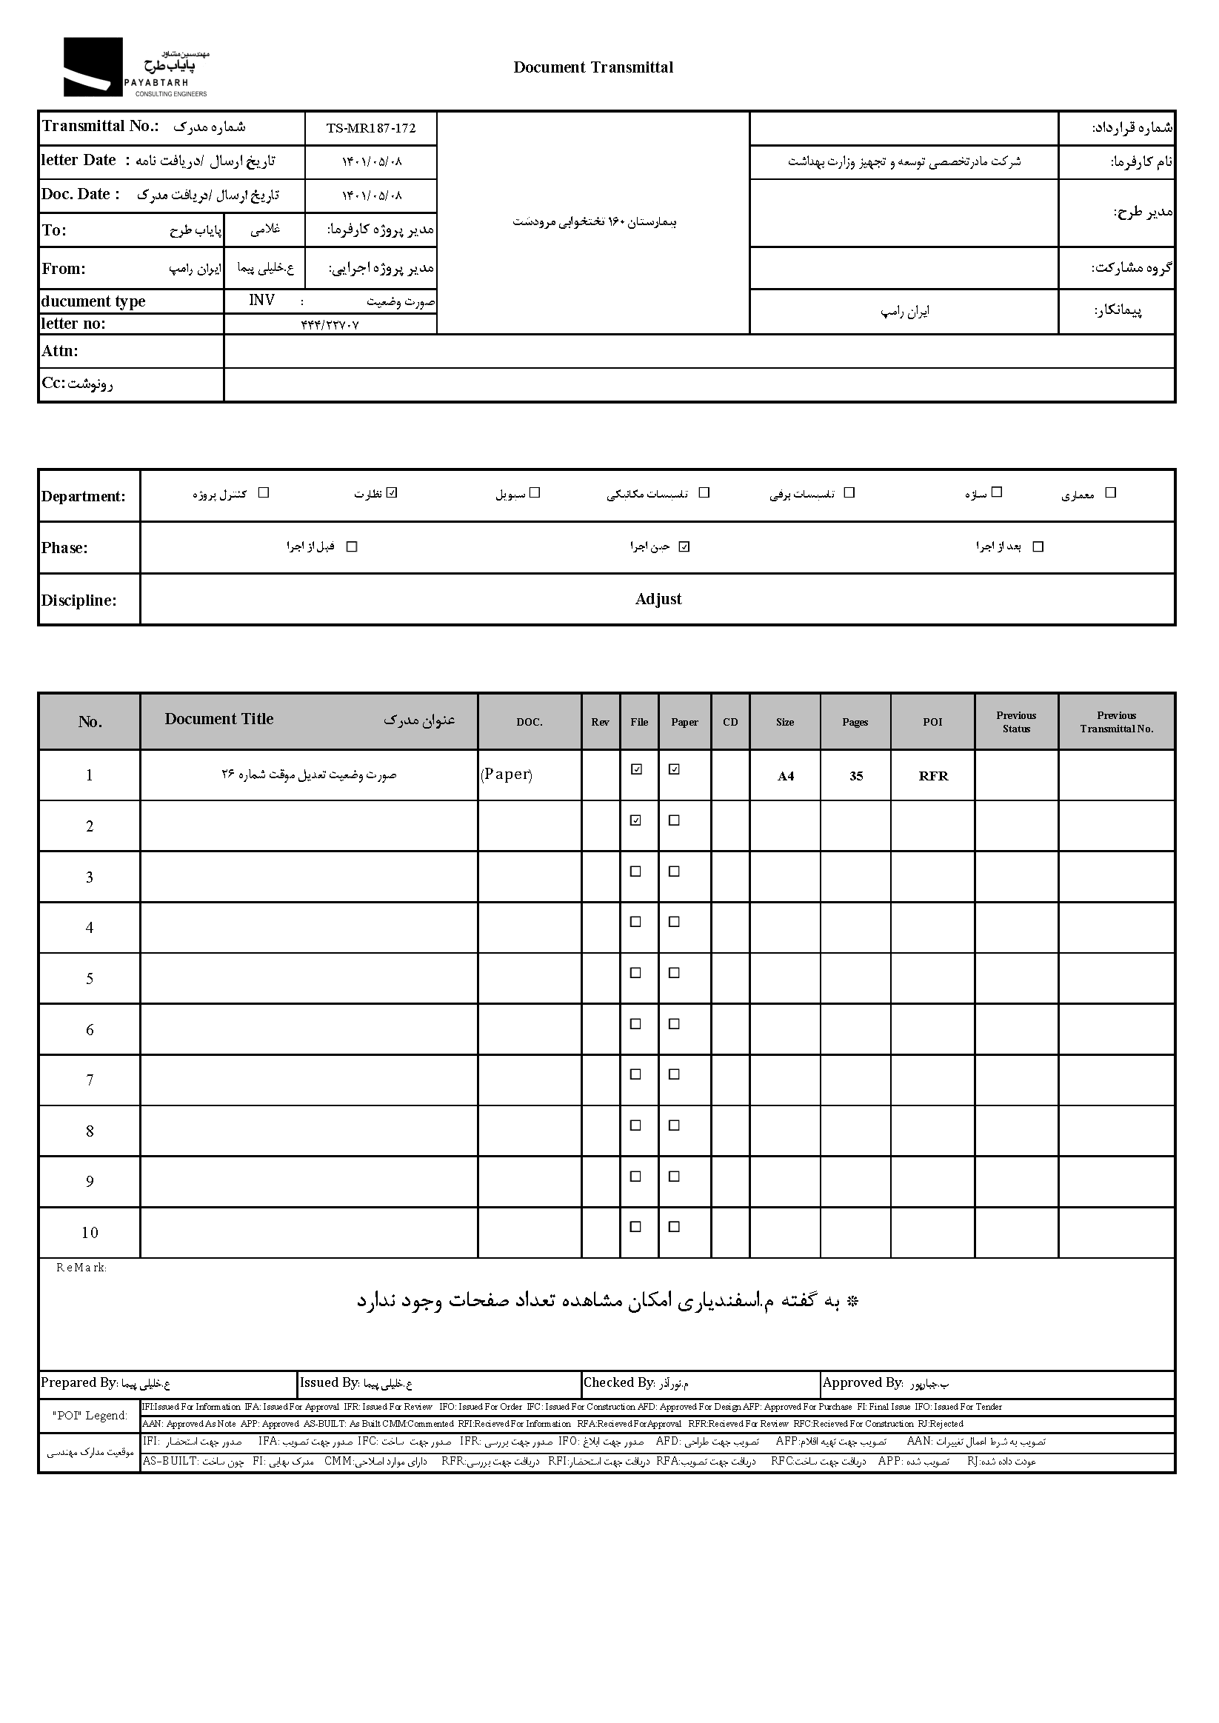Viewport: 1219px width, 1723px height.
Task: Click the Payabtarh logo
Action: pyautogui.click(x=135, y=67)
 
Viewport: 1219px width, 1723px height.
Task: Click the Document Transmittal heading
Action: pyautogui.click(x=593, y=67)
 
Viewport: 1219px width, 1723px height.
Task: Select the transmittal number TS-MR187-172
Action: pyautogui.click(x=371, y=128)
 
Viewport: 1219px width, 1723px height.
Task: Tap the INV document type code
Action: pyautogui.click(x=262, y=300)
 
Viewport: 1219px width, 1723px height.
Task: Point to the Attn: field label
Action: pyautogui.click(x=60, y=351)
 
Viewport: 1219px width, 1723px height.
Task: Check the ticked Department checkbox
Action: pyautogui.click(x=392, y=493)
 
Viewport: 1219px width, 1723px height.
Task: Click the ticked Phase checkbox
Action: pyautogui.click(x=684, y=547)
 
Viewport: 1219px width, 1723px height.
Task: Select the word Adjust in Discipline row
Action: pyautogui.click(x=658, y=599)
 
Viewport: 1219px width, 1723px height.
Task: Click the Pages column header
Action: pyautogui.click(x=855, y=722)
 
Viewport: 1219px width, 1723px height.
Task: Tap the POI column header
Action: pyautogui.click(x=932, y=722)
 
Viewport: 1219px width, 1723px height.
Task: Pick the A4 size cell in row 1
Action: pyautogui.click(x=785, y=776)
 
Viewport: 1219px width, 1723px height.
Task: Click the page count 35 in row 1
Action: pyautogui.click(x=855, y=776)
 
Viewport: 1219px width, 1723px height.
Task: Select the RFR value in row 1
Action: pyautogui.click(x=933, y=776)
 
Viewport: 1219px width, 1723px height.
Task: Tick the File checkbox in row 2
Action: pyautogui.click(x=635, y=820)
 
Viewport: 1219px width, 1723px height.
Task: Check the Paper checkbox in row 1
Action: pyautogui.click(x=674, y=769)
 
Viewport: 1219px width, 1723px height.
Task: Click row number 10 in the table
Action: pyautogui.click(x=90, y=1232)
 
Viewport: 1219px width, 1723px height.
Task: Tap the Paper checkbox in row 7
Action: pyautogui.click(x=674, y=1074)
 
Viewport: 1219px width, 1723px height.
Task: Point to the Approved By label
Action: pyautogui.click(x=863, y=1382)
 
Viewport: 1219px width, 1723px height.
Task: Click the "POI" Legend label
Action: pyautogui.click(x=90, y=1415)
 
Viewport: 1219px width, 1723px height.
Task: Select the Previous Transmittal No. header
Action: pyautogui.click(x=1116, y=722)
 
